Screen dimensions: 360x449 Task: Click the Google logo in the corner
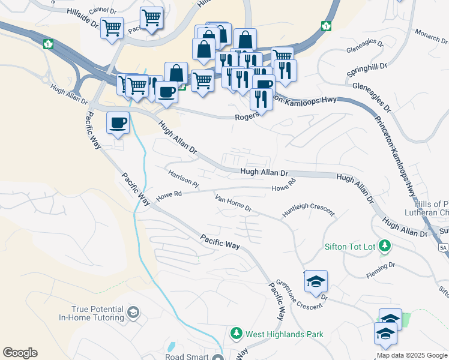(x=20, y=353)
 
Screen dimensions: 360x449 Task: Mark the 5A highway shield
(x=443, y=247)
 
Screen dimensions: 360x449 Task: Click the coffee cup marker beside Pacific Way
(x=118, y=124)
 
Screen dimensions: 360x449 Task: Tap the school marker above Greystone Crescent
(x=316, y=282)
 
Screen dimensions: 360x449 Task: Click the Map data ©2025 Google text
(x=412, y=355)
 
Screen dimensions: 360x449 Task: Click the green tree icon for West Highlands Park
(x=237, y=334)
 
